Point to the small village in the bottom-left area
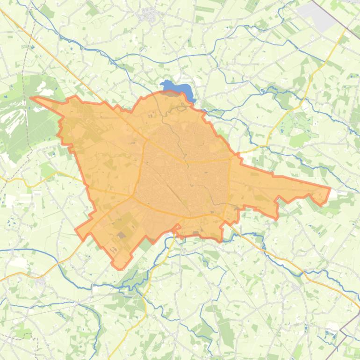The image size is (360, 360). click(x=41, y=282)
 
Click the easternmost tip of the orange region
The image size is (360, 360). click(x=330, y=188)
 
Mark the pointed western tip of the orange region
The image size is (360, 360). click(x=31, y=98)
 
